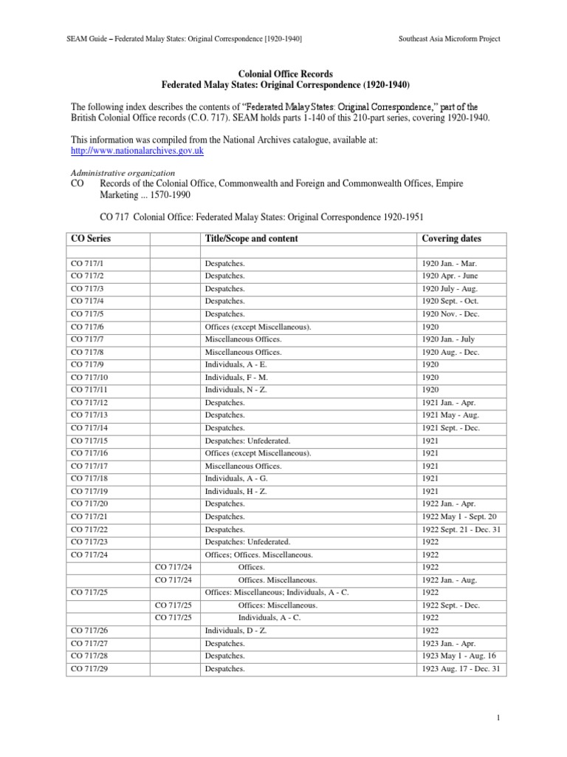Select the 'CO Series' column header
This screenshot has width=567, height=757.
click(x=91, y=239)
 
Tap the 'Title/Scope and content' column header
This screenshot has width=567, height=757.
click(x=251, y=239)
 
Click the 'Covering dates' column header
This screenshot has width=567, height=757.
click(x=450, y=239)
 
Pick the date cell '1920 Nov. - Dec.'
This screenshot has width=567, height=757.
click(x=450, y=313)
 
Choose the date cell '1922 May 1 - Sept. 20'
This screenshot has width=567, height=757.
click(x=460, y=517)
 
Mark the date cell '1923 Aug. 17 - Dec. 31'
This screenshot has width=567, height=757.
click(x=461, y=669)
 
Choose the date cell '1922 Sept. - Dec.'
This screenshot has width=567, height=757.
click(x=451, y=605)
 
